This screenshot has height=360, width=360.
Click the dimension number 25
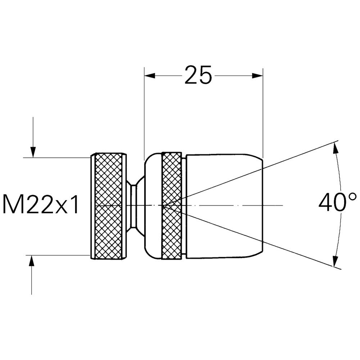[198, 75]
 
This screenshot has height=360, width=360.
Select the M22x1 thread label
[41, 204]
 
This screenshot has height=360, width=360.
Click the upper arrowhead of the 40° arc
[336, 147]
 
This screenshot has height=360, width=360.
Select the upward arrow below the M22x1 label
[32, 261]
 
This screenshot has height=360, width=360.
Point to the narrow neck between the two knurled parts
[134, 206]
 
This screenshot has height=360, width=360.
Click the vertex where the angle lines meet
[164, 206]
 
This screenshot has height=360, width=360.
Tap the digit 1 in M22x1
[74, 204]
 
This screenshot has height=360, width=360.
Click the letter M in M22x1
[11, 204]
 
